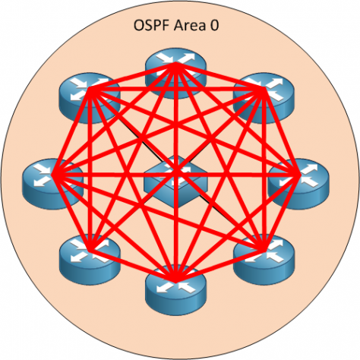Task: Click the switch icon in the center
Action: click(176, 178)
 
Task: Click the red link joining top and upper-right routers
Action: click(220, 76)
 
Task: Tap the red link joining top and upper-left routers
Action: click(133, 76)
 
